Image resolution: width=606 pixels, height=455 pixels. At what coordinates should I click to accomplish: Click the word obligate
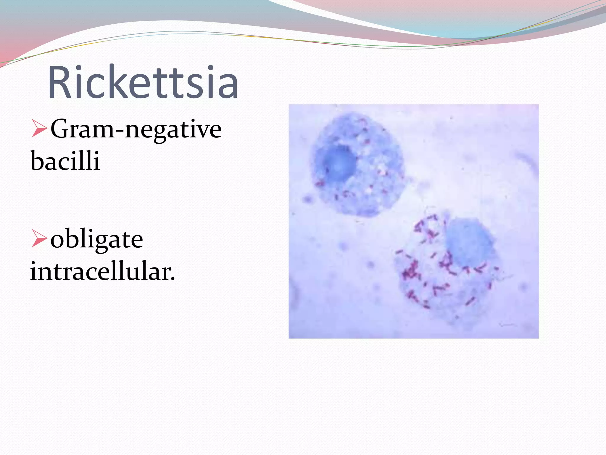point(97,239)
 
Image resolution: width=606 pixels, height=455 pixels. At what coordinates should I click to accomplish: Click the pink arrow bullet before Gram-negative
point(39,129)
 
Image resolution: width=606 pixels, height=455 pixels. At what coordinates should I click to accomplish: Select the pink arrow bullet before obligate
point(39,239)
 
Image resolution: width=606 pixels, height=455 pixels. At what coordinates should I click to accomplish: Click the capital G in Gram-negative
point(60,129)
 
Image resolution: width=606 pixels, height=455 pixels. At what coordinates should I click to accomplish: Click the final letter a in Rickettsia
point(229,87)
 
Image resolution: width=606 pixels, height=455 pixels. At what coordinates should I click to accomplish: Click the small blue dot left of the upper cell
point(308,199)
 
